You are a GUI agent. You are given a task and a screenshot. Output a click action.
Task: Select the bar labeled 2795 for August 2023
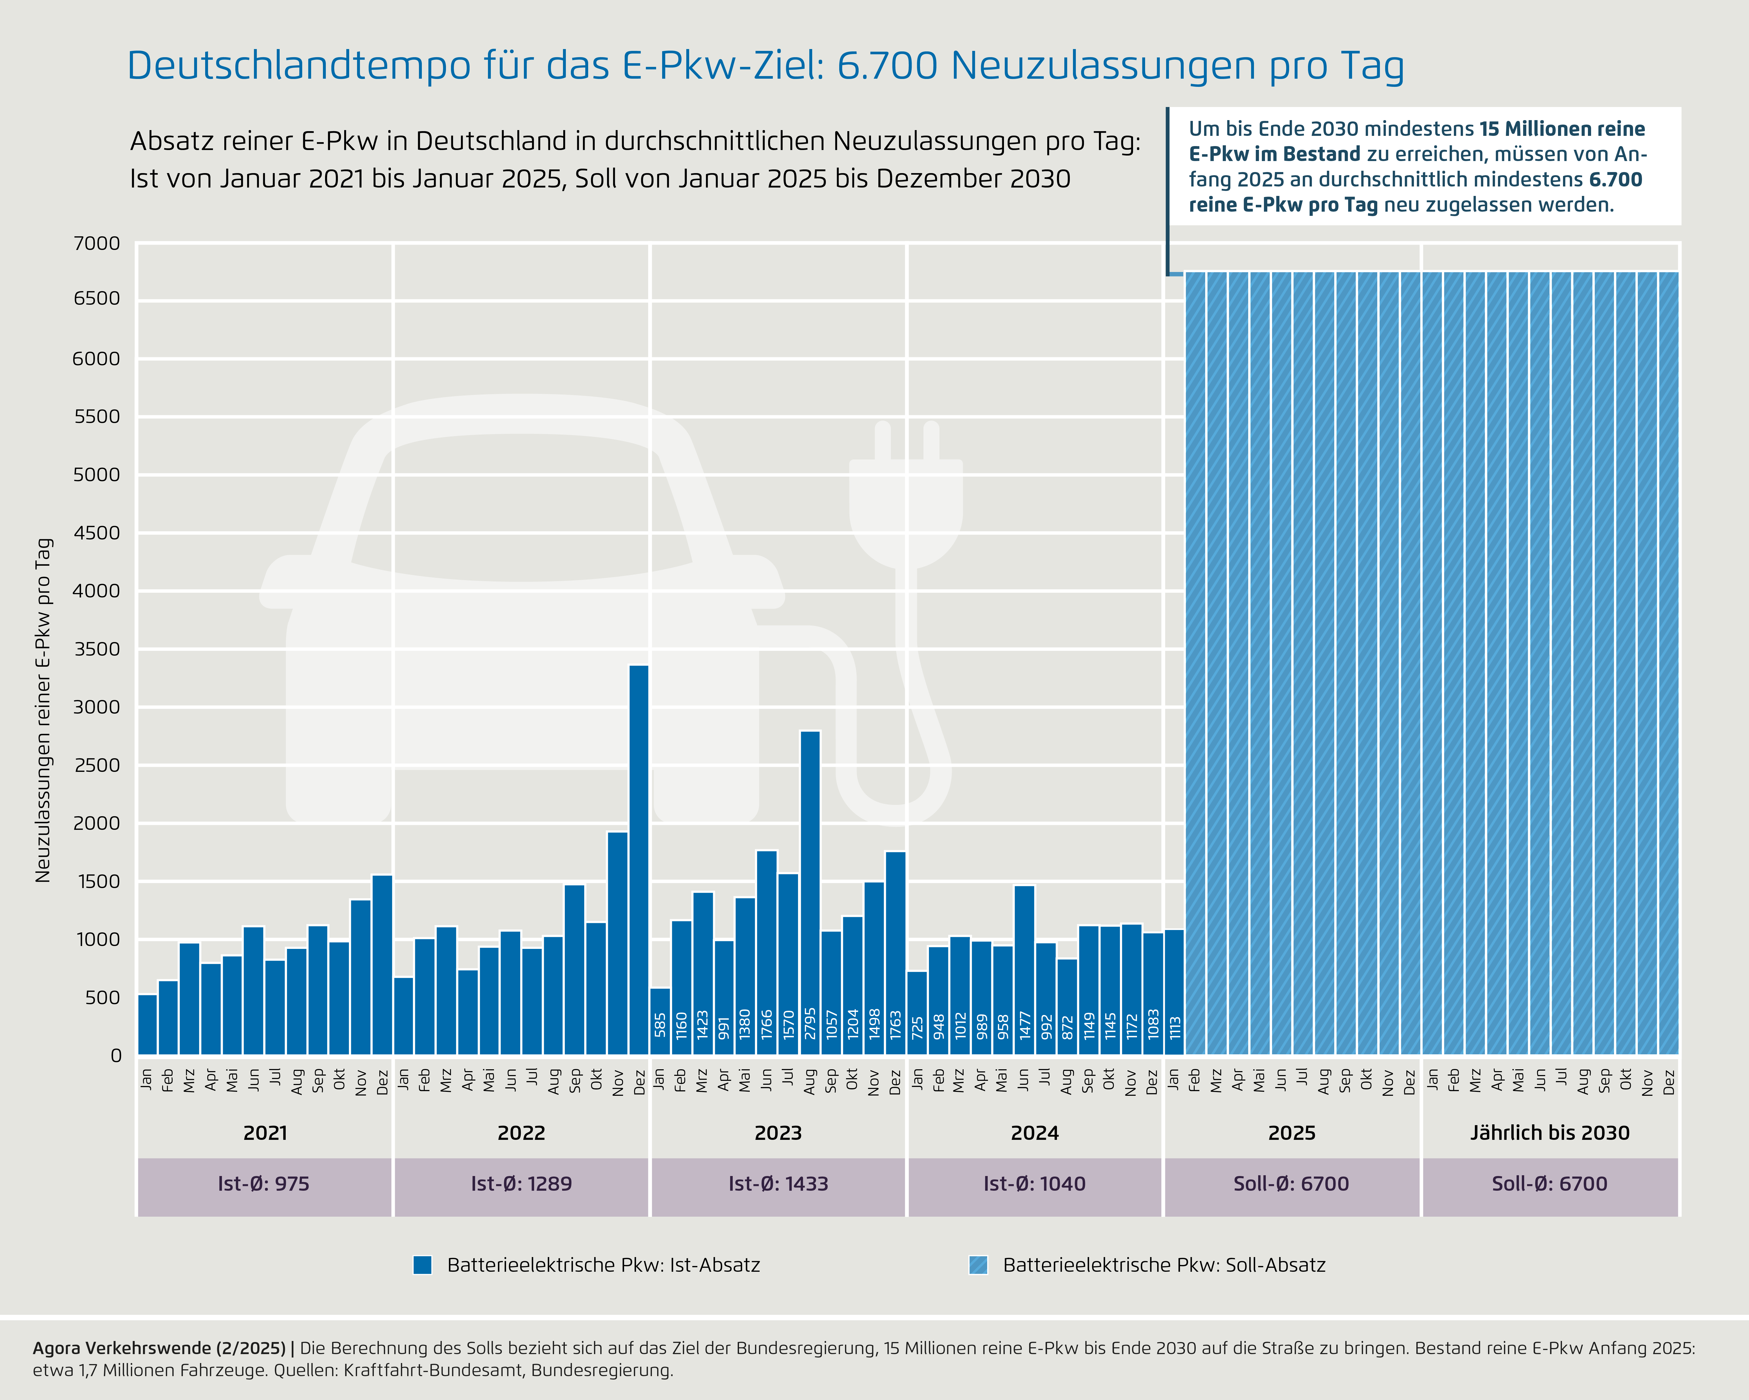[x=810, y=892]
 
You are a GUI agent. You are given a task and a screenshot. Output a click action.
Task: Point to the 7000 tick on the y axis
[x=97, y=243]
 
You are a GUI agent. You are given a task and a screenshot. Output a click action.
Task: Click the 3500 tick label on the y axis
[x=97, y=649]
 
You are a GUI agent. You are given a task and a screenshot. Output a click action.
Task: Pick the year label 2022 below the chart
[x=521, y=1133]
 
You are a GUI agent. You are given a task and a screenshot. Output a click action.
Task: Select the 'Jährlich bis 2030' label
[x=1549, y=1133]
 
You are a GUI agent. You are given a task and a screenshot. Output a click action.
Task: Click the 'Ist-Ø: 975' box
[x=264, y=1184]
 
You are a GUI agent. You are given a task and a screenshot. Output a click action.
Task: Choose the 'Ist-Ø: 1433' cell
[x=778, y=1184]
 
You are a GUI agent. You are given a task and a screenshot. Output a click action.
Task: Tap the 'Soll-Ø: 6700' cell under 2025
[x=1291, y=1184]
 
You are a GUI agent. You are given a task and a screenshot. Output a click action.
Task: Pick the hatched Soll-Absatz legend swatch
[x=978, y=1265]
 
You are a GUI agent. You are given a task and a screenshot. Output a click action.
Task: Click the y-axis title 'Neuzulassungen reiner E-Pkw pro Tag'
[x=44, y=710]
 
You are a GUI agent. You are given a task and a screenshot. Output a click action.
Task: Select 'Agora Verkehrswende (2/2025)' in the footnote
[x=159, y=1348]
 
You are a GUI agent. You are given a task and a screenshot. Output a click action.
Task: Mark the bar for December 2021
[x=382, y=965]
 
